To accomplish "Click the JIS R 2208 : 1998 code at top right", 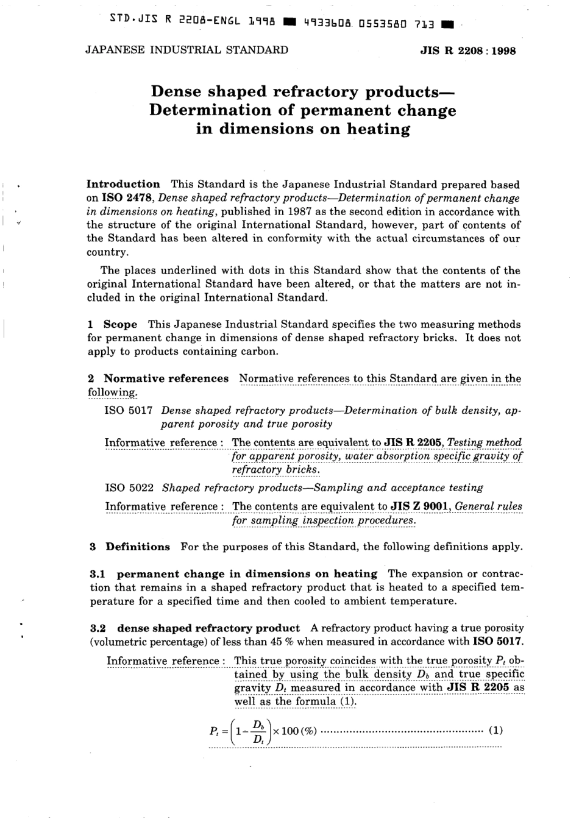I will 467,51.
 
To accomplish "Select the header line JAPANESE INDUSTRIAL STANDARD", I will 186,50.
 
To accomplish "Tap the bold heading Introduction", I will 123,184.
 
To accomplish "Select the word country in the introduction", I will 106,252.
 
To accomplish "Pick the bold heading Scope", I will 120,324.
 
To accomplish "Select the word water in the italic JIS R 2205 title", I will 362,456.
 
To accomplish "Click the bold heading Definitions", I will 138,547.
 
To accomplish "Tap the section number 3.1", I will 98,574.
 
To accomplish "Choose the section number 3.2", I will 98,628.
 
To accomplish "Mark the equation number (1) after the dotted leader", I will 496,730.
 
